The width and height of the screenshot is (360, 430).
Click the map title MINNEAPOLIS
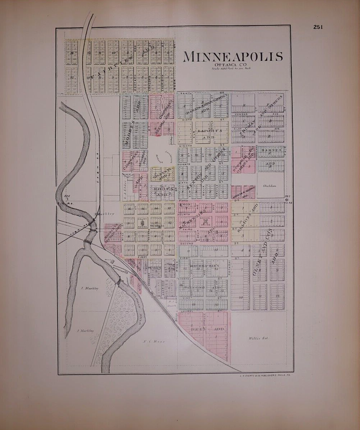pyautogui.click(x=233, y=57)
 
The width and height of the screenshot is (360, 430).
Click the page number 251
pyautogui.click(x=318, y=27)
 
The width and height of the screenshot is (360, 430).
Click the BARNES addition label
pyautogui.click(x=271, y=151)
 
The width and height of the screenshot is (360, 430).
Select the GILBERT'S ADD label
pyautogui.click(x=161, y=173)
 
